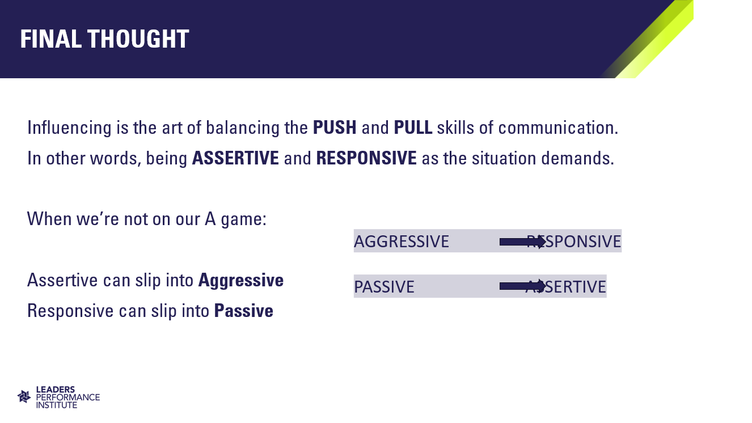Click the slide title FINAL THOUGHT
pos(104,39)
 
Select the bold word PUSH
pos(335,128)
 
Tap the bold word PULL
pos(413,128)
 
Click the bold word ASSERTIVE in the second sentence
pos(235,158)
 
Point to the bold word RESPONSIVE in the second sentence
pos(366,158)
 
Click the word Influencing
pos(69,128)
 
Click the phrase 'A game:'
pos(235,219)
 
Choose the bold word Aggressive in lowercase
pos(241,280)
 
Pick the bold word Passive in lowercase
pos(244,311)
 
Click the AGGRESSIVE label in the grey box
pos(402,242)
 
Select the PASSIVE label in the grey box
pos(385,287)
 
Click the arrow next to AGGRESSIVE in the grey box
pos(523,242)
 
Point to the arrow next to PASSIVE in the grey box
pos(523,286)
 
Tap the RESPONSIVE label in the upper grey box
pos(574,242)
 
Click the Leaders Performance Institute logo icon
pos(24,396)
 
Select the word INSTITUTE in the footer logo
pos(56,405)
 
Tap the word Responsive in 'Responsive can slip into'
pos(70,311)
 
